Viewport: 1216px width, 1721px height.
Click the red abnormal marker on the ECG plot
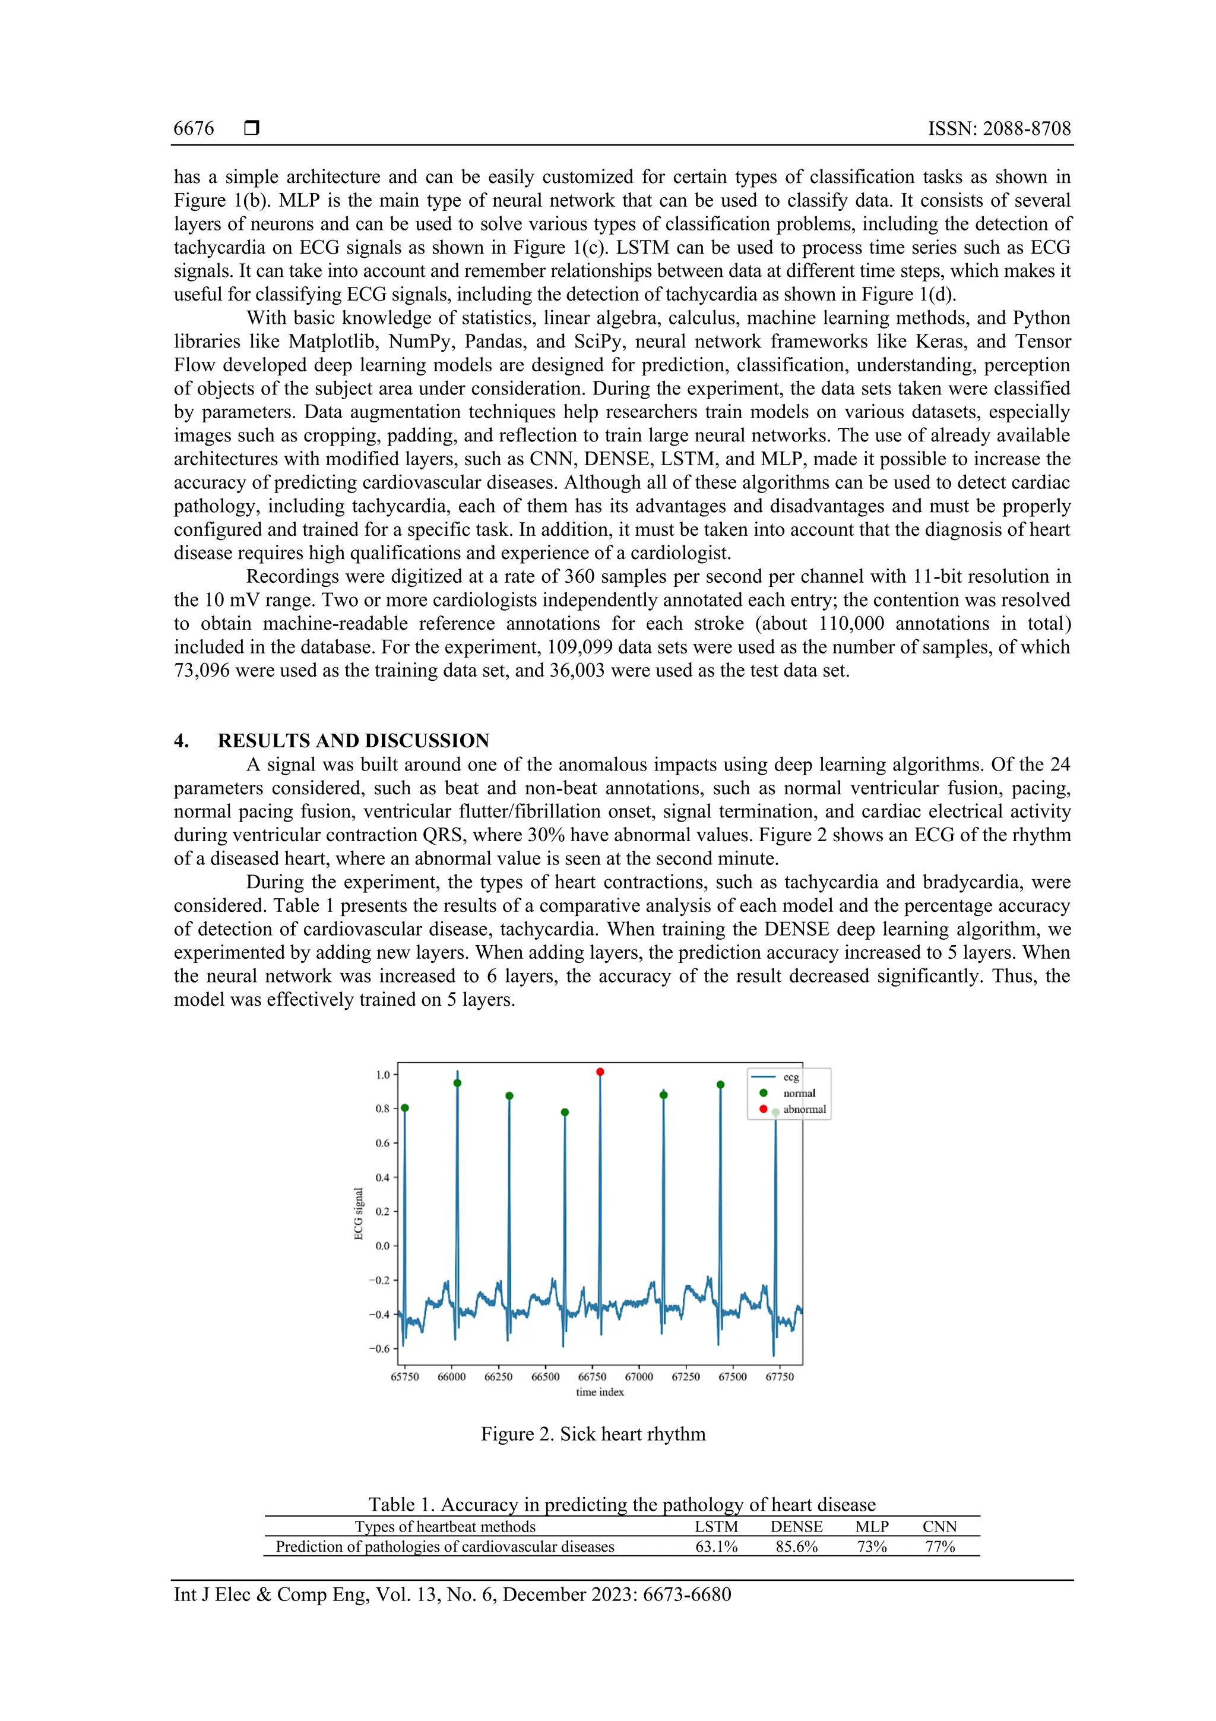click(x=599, y=1072)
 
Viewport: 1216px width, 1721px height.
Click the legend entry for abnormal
click(x=804, y=1109)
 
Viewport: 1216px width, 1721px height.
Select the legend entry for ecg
click(x=790, y=1077)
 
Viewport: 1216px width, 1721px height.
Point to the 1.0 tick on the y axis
click(x=383, y=1075)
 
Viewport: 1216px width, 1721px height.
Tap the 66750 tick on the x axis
click(x=592, y=1377)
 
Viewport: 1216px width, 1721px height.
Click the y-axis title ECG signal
click(x=359, y=1214)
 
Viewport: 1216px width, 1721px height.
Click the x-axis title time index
click(x=599, y=1392)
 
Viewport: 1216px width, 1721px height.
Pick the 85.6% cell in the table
click(x=796, y=1547)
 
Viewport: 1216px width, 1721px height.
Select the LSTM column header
click(x=716, y=1527)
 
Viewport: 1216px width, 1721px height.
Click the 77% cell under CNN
click(x=939, y=1547)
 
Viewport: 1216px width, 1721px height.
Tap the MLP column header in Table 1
click(x=872, y=1527)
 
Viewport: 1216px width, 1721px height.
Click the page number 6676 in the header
click(x=194, y=128)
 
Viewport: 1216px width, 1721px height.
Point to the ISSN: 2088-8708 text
click(x=999, y=128)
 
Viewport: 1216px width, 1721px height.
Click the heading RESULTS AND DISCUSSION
click(x=353, y=741)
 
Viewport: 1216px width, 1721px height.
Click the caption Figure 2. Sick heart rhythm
click(x=593, y=1434)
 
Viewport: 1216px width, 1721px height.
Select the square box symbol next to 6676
click(x=252, y=128)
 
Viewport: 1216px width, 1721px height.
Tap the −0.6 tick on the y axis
click(x=379, y=1349)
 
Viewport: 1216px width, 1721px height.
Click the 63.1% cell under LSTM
click(x=716, y=1547)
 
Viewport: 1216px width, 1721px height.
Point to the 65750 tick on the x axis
click(x=404, y=1377)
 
